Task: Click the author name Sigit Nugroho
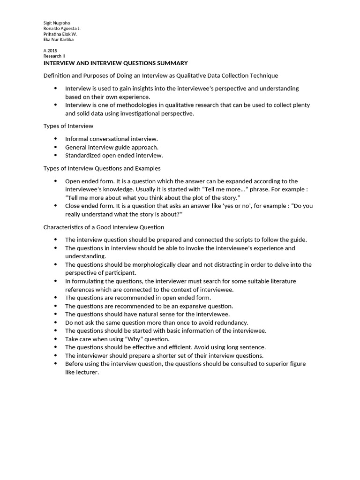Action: [57, 23]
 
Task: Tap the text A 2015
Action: [50, 50]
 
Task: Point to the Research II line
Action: [54, 56]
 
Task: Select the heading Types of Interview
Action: [68, 126]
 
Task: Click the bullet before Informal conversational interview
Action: [56, 139]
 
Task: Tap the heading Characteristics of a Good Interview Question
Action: [104, 227]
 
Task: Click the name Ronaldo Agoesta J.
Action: [62, 29]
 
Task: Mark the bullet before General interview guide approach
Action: [56, 147]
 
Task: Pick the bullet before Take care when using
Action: [56, 339]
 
